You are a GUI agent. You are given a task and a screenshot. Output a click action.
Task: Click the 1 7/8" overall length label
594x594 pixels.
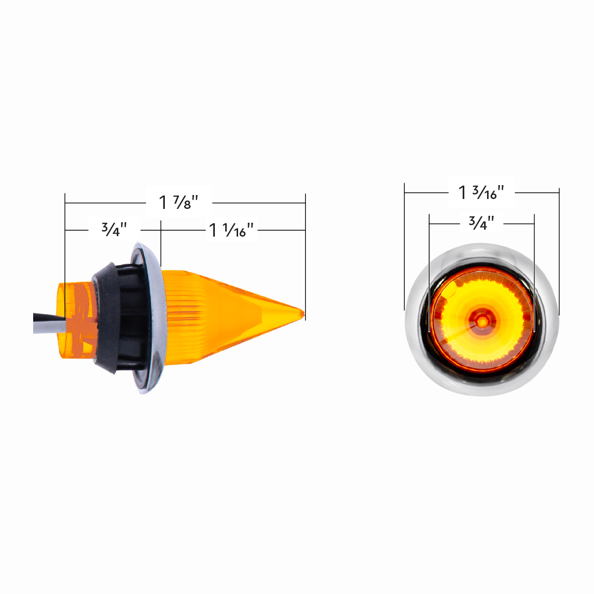[x=179, y=202]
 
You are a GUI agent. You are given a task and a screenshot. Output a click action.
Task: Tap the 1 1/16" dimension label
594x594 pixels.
[x=232, y=230]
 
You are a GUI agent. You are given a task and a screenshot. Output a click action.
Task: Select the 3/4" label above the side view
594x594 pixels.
[x=114, y=229]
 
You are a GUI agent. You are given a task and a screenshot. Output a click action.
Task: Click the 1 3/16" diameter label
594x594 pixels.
[x=481, y=192]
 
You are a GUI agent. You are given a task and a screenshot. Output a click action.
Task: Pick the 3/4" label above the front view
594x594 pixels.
[x=482, y=223]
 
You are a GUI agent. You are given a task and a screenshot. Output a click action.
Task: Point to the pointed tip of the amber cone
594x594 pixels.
[x=302, y=313]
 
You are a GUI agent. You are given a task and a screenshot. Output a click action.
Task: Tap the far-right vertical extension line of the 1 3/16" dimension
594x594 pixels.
[x=559, y=247]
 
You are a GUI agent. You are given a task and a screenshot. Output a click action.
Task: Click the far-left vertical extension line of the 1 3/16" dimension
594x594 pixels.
[x=404, y=247]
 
